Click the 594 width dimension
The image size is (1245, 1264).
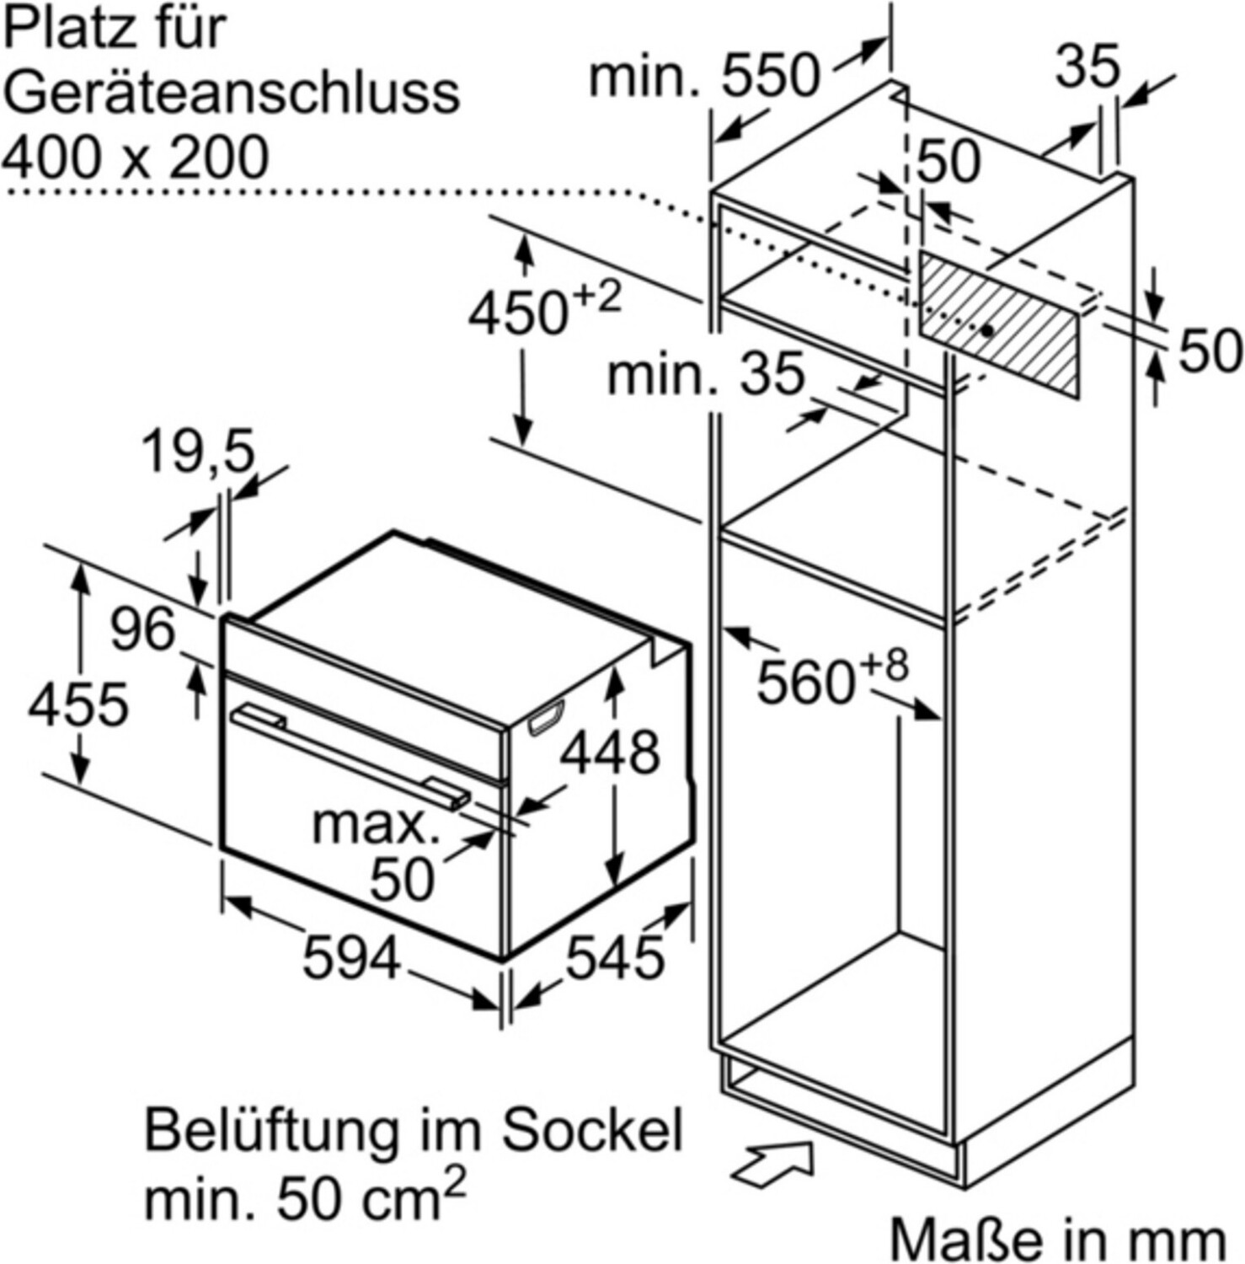(x=350, y=958)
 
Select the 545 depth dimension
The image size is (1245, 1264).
(x=615, y=958)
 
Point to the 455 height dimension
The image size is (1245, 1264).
(x=78, y=704)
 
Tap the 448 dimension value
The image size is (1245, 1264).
(x=611, y=752)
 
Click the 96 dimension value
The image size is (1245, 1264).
(x=143, y=629)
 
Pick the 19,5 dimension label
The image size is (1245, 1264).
(x=198, y=452)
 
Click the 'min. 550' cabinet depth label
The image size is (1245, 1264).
(x=704, y=76)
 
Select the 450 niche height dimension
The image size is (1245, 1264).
(x=544, y=311)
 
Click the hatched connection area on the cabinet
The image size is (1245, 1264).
(x=998, y=324)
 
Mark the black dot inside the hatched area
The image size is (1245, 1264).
(x=986, y=330)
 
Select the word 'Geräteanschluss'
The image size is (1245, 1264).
(x=232, y=93)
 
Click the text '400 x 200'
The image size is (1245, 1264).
(x=135, y=157)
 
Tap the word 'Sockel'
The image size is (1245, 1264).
(x=593, y=1131)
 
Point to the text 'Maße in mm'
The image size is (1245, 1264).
(x=1058, y=1238)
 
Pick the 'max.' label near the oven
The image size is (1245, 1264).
(x=377, y=825)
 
